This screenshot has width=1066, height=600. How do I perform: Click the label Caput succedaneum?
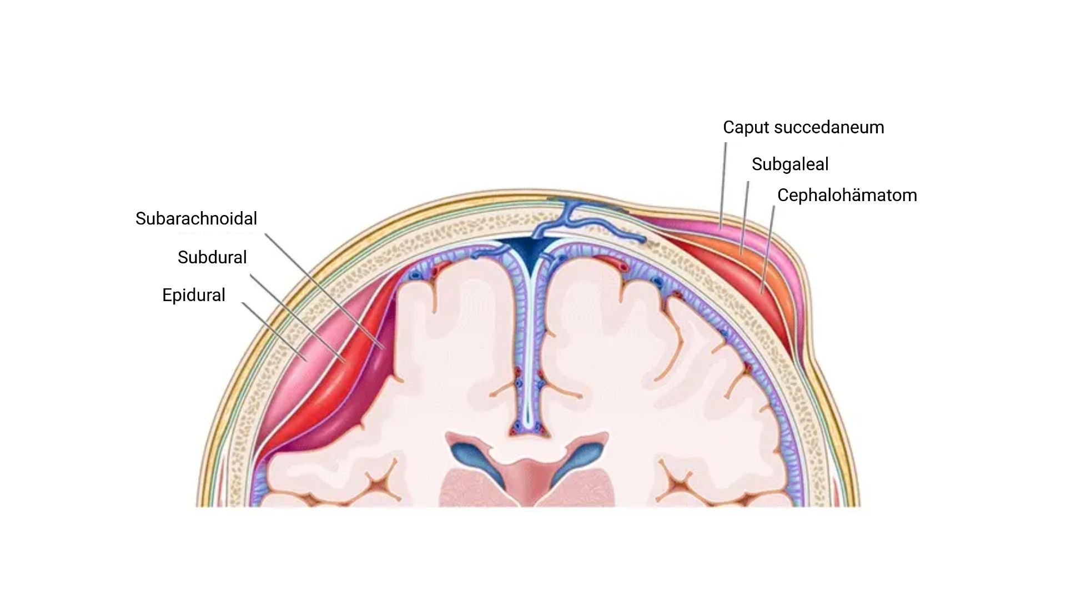click(x=803, y=127)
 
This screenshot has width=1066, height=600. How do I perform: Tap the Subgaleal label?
click(x=790, y=164)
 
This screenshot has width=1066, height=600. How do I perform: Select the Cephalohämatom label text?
click(x=847, y=196)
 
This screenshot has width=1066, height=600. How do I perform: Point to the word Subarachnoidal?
click(x=196, y=218)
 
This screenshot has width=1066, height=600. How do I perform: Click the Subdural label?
click(x=212, y=257)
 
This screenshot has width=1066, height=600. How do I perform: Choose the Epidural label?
click(x=193, y=295)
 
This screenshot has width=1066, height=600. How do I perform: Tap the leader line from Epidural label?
click(x=272, y=331)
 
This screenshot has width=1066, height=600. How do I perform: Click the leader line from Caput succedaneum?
click(x=723, y=183)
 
